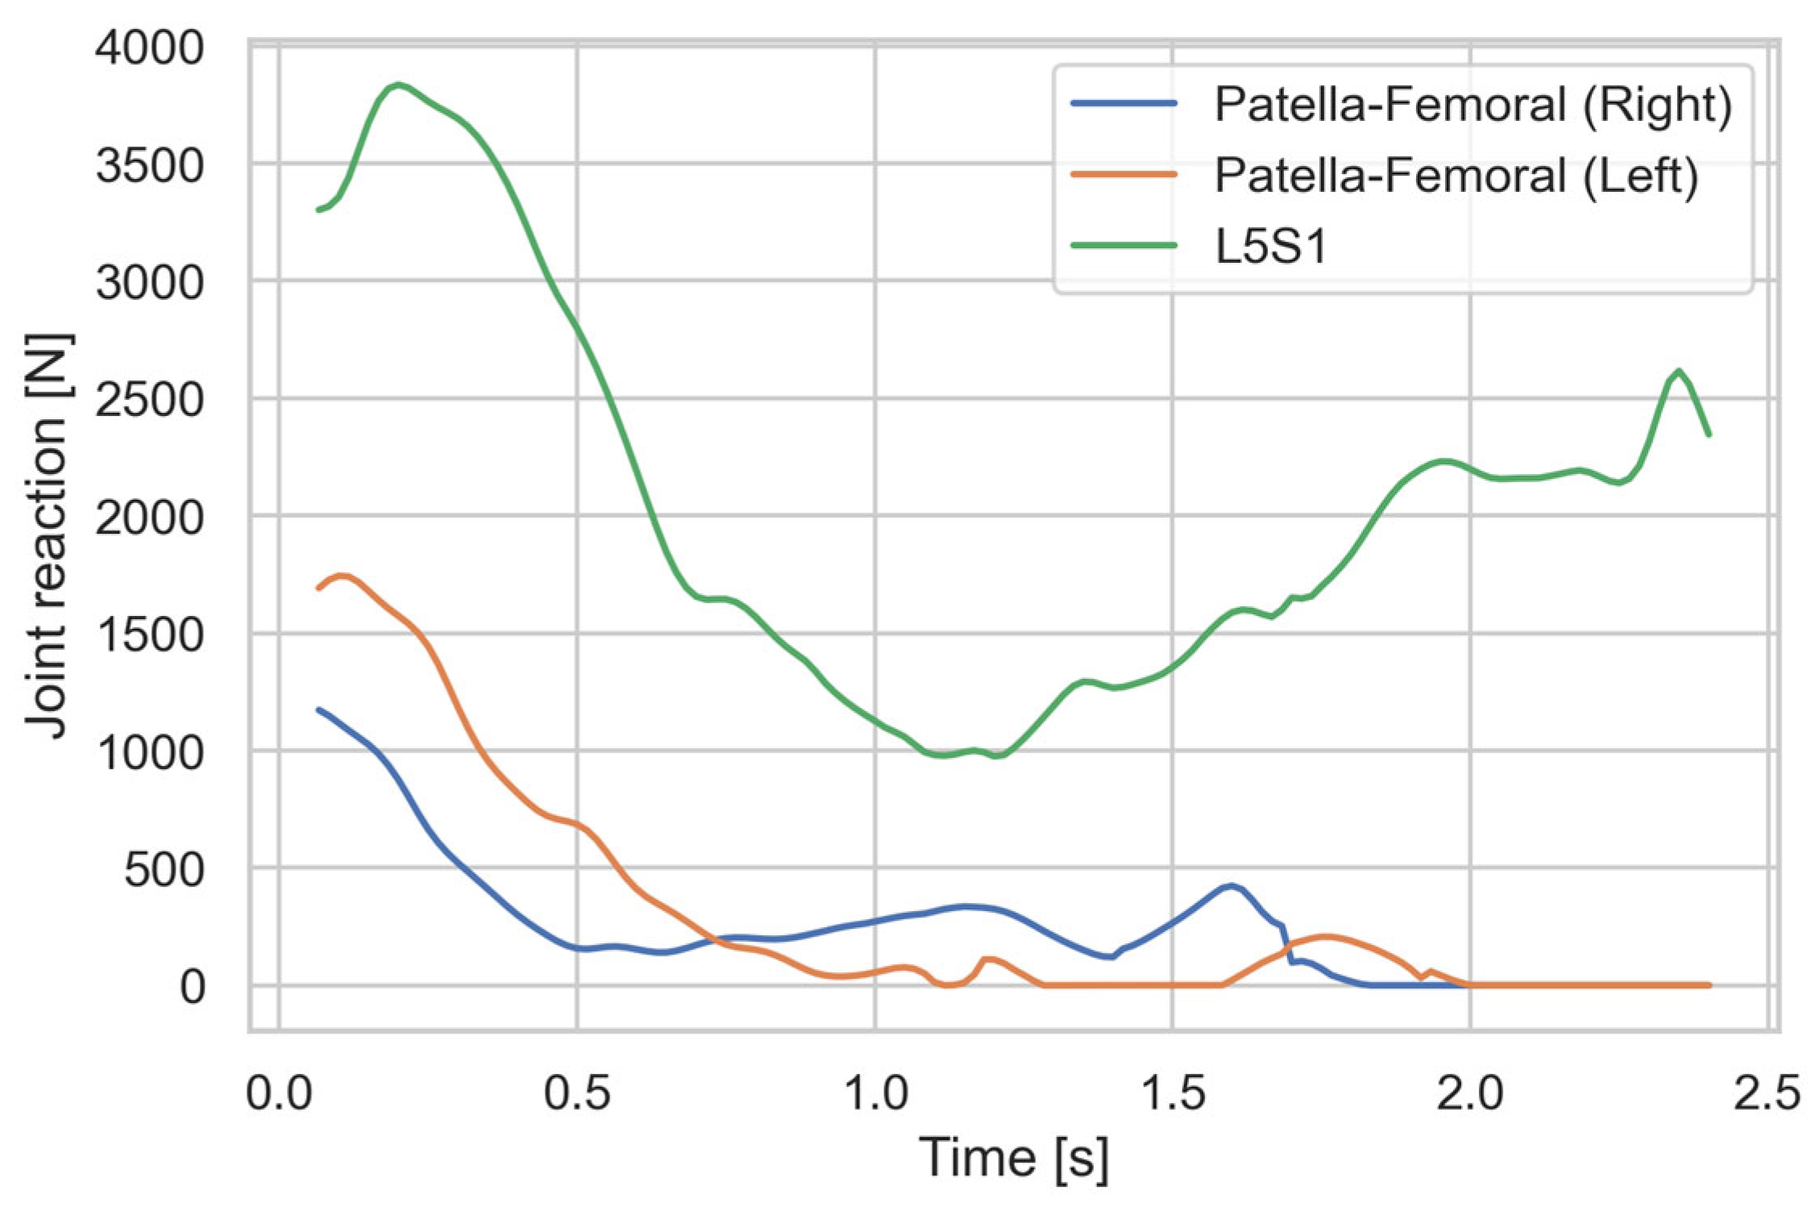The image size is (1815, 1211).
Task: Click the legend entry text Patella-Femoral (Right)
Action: [x=1472, y=105]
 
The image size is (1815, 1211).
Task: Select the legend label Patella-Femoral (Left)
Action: [x=1456, y=175]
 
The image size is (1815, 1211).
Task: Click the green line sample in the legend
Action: [x=1123, y=245]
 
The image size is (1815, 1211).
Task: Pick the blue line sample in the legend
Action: [x=1123, y=103]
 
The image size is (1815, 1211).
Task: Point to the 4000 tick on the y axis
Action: [x=150, y=48]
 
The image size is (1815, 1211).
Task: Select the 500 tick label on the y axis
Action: [x=164, y=870]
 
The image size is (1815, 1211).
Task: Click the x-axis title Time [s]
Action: [x=1013, y=1159]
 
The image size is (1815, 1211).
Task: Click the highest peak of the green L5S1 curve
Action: [x=397, y=85]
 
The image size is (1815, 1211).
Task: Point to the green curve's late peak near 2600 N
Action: [x=1678, y=372]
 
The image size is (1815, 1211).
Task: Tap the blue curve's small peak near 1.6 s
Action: [x=1230, y=885]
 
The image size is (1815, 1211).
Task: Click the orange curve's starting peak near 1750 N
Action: [x=343, y=576]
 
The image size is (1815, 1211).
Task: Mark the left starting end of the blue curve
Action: [x=319, y=710]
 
